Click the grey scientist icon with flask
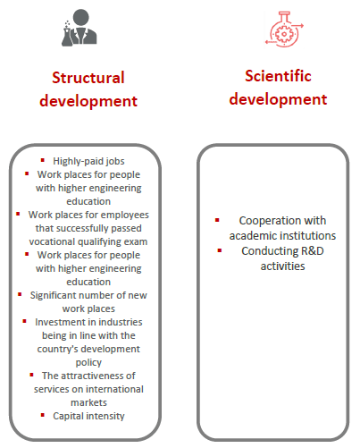click(80, 28)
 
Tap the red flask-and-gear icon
click(284, 29)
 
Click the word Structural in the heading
click(88, 78)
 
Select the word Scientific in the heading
click(278, 76)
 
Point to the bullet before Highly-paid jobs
click(43, 160)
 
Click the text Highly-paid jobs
click(88, 161)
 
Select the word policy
click(88, 362)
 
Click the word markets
click(88, 402)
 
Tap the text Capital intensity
click(88, 416)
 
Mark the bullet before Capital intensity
click(43, 415)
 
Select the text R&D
click(313, 251)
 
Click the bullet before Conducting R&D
click(220, 250)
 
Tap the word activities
click(282, 266)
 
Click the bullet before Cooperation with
click(217, 220)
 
